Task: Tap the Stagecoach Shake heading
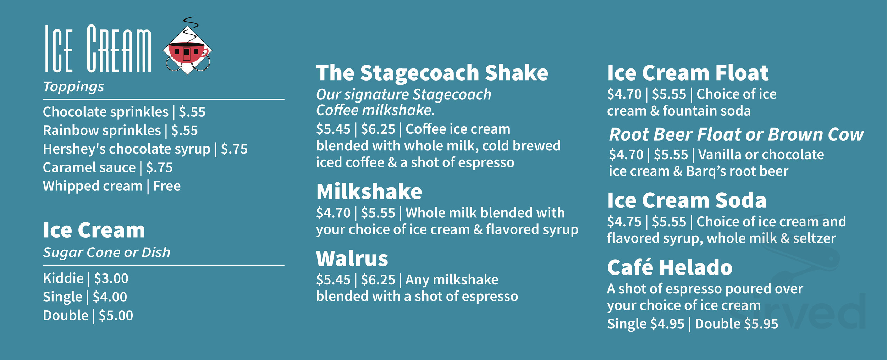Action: click(x=432, y=73)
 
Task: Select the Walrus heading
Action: click(x=352, y=259)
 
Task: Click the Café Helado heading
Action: click(x=670, y=267)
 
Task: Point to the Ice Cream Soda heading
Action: click(x=687, y=200)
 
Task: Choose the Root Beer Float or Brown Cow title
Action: click(x=736, y=134)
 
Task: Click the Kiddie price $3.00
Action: click(x=111, y=278)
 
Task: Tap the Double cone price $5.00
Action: click(x=116, y=316)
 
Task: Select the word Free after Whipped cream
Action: click(x=167, y=186)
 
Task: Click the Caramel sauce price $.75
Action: click(x=159, y=168)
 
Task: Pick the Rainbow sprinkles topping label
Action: click(x=102, y=131)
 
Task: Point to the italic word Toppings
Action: click(x=73, y=87)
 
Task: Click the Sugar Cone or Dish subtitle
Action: click(x=106, y=253)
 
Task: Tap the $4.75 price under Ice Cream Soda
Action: click(x=624, y=222)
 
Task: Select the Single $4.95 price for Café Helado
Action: click(x=645, y=324)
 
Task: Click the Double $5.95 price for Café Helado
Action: click(x=736, y=324)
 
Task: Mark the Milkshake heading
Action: click(x=369, y=192)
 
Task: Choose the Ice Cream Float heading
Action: click(x=688, y=73)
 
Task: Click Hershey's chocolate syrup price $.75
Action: click(x=234, y=149)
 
